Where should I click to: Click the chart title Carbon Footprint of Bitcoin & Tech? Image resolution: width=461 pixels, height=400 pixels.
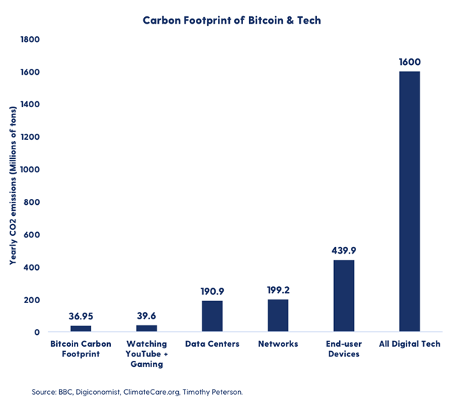pos(231,20)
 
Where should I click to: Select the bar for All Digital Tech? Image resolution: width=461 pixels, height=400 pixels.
pos(409,201)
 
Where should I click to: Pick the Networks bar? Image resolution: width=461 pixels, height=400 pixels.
pos(278,316)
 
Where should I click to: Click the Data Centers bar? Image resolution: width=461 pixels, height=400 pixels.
pos(212,316)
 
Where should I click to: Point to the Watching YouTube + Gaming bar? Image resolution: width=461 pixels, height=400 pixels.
pos(146,328)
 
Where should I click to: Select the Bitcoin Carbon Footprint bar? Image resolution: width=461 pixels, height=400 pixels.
pos(81,329)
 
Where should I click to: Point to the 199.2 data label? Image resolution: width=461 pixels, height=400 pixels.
pos(278,289)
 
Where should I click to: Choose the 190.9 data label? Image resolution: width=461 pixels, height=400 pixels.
pos(212,291)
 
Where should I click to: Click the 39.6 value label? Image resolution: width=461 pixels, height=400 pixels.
pos(146,316)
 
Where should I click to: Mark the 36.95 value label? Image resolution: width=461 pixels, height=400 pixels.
pos(81,316)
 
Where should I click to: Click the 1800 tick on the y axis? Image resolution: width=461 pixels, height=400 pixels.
pos(30,39)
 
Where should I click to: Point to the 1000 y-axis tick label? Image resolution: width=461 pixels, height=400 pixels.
pos(30,169)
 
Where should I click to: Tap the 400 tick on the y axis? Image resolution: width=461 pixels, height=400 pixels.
pos(32,268)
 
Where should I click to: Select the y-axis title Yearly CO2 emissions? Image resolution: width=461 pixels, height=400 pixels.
pos(13,186)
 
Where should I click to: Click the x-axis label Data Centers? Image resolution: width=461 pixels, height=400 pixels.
pos(212,344)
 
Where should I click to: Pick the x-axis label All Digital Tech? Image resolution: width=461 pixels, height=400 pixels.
pos(409,344)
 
